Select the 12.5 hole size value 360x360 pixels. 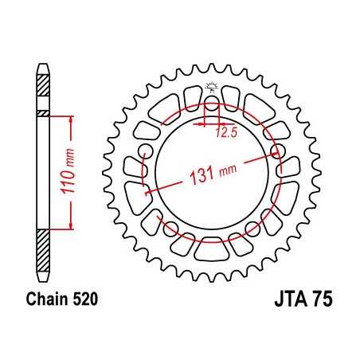tap(225, 132)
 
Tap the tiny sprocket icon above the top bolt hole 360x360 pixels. tap(211, 89)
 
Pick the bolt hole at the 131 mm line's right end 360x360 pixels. tap(280, 150)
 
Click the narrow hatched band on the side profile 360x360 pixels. tap(44, 114)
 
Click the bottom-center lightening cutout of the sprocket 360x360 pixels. tap(211, 249)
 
